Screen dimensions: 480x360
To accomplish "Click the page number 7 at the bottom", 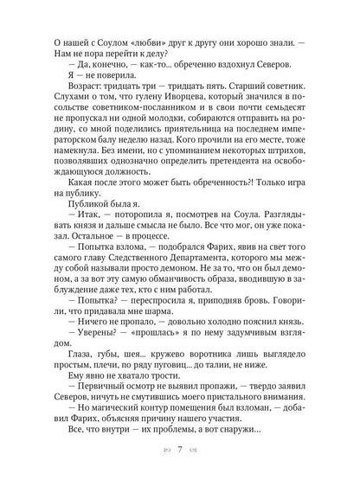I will (179, 451).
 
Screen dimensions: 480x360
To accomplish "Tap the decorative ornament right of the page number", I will (195, 451).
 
